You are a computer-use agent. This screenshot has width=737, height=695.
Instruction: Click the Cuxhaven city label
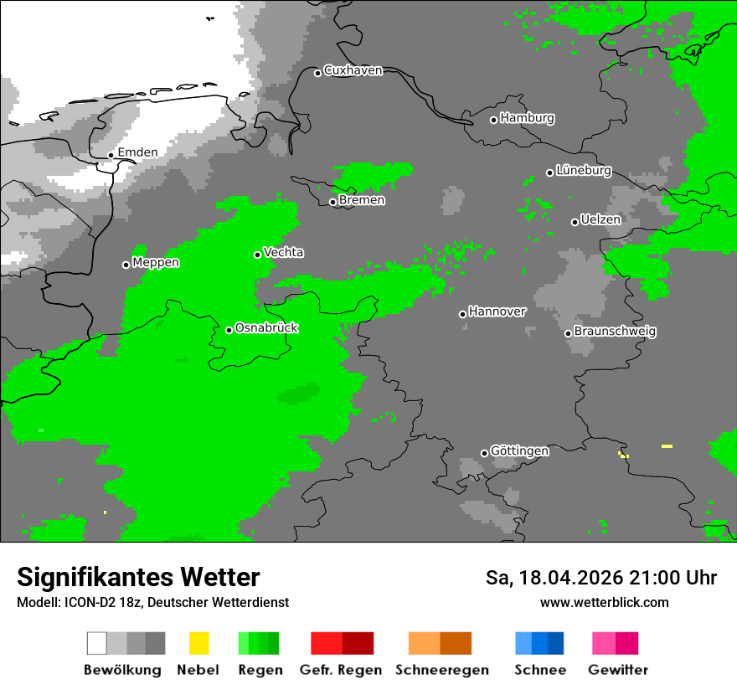(353, 70)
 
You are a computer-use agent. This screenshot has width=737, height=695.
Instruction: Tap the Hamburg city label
(527, 118)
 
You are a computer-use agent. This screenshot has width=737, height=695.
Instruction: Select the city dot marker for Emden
(111, 155)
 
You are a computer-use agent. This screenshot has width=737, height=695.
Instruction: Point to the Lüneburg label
(583, 171)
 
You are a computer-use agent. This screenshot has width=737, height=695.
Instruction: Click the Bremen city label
(362, 200)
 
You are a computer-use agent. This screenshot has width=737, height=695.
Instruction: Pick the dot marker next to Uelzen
(575, 222)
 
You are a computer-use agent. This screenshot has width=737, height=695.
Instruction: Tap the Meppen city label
(156, 263)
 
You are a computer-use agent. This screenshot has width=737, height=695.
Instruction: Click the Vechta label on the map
(283, 252)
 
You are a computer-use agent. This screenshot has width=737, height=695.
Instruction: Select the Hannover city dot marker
(462, 314)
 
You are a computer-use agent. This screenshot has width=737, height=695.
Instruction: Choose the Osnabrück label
(266, 328)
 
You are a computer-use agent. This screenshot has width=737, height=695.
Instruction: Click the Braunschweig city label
(615, 332)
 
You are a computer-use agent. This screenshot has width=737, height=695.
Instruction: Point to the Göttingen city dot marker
(484, 453)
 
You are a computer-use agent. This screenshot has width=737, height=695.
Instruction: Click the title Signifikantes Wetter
(138, 578)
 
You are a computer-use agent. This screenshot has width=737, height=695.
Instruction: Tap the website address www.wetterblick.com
(604, 602)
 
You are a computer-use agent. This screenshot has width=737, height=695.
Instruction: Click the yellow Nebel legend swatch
(198, 643)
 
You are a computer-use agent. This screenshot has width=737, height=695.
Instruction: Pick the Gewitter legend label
(617, 670)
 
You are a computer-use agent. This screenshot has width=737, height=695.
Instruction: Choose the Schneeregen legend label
(441, 670)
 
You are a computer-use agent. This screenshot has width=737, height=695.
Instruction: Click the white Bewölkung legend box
(97, 643)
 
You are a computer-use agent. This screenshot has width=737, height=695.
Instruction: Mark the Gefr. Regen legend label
(341, 670)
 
